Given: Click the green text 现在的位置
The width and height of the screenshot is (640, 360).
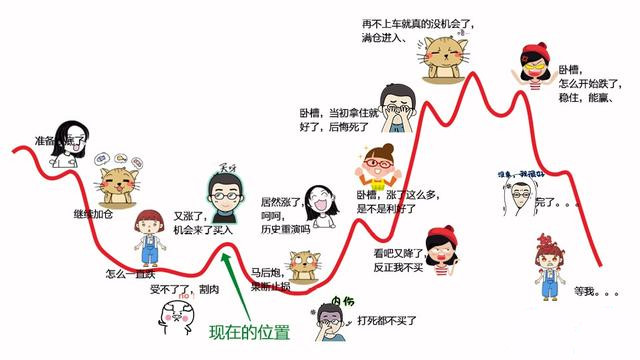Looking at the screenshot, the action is point(249,332).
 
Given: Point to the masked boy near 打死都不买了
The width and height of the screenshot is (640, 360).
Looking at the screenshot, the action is point(328,322).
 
